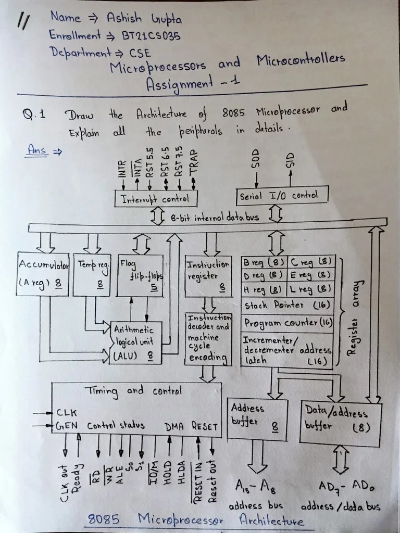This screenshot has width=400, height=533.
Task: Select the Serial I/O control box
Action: click(x=283, y=196)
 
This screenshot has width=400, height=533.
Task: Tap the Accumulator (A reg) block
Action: click(x=43, y=274)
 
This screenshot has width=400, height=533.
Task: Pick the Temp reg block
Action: click(x=94, y=274)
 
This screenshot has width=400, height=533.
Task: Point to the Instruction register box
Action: click(x=208, y=275)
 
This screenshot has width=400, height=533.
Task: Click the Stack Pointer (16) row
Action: click(x=287, y=305)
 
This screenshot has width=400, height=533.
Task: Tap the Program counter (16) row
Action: click(x=287, y=323)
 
